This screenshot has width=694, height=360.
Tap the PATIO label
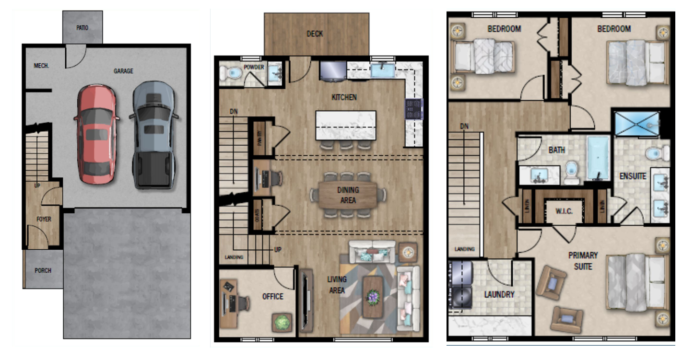(82, 28)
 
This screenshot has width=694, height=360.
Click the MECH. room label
(42, 66)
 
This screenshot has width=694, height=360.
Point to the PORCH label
(43, 270)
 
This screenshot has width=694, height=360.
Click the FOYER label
(44, 220)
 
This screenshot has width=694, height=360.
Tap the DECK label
(315, 34)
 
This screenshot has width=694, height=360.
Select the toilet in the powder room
(231, 73)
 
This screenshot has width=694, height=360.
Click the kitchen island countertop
(346, 125)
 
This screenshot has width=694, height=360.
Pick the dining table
(348, 195)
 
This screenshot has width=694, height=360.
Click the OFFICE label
(272, 297)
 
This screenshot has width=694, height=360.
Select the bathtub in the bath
(598, 158)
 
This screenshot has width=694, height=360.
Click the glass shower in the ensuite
(637, 123)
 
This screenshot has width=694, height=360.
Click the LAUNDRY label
(499, 295)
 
